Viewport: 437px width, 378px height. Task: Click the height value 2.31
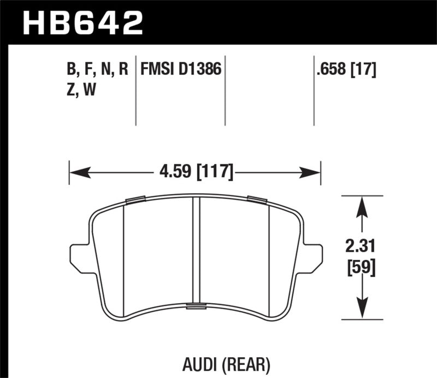tap(361, 246)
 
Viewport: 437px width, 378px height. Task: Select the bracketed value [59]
tap(361, 269)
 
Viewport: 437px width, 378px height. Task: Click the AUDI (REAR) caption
tap(218, 362)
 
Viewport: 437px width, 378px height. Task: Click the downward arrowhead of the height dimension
tap(361, 309)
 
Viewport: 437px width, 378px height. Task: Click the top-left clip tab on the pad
tap(134, 200)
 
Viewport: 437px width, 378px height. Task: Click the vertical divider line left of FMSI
tap(135, 90)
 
